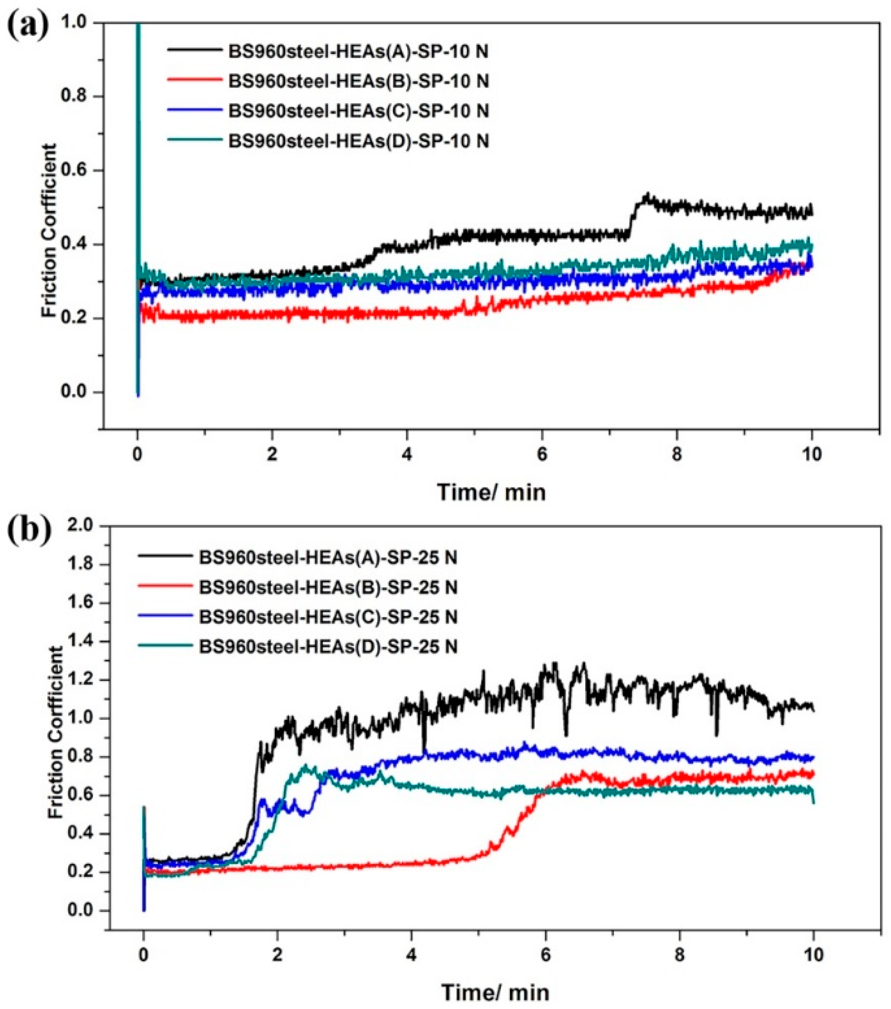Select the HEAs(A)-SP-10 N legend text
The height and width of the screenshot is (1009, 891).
[358, 52]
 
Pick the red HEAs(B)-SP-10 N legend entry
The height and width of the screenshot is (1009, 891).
[358, 81]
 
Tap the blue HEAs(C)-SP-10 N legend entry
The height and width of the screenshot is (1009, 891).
[358, 111]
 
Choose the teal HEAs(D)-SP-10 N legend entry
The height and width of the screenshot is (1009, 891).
[358, 141]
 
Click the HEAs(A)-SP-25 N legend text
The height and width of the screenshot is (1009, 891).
[328, 557]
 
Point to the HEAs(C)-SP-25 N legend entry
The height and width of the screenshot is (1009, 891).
[328, 617]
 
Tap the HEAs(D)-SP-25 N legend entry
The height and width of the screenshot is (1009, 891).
[328, 646]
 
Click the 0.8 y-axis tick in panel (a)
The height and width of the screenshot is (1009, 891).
[79, 97]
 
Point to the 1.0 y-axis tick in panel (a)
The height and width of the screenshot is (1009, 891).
[79, 23]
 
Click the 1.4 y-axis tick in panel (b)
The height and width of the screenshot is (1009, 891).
[79, 642]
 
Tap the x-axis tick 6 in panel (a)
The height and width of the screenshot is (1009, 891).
[542, 455]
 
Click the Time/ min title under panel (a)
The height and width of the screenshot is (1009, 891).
[491, 492]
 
